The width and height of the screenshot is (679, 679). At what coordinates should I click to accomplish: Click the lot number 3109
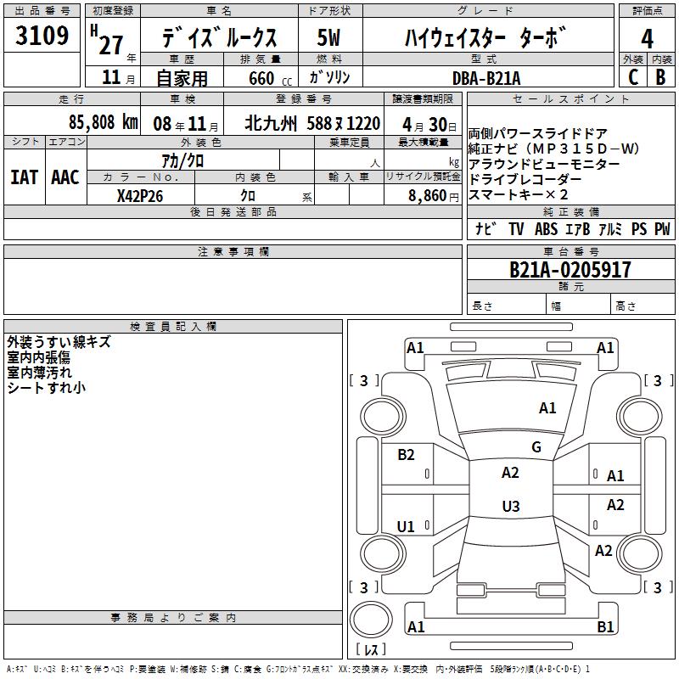42,35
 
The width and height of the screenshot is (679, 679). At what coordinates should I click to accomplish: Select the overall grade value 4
647,39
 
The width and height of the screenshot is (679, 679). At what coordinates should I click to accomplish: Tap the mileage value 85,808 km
103,122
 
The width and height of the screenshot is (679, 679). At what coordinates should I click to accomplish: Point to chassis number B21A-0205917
570,270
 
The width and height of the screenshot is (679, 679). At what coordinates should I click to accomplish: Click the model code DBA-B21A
486,78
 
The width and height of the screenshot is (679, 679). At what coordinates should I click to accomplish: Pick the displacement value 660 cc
270,79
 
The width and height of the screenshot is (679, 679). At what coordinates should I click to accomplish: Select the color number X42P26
140,196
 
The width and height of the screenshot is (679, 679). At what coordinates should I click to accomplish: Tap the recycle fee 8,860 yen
434,196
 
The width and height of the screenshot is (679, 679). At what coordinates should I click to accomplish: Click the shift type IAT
25,177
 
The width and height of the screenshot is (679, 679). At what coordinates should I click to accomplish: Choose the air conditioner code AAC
65,177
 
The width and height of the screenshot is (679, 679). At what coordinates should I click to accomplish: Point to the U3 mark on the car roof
511,506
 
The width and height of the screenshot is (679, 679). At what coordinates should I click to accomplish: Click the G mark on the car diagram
536,447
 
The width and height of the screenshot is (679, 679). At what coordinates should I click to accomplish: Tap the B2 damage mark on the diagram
406,455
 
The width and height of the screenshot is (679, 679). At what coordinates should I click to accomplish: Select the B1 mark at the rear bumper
605,626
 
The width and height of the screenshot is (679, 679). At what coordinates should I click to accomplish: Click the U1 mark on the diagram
406,526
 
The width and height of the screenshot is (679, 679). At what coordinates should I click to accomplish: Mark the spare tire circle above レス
371,620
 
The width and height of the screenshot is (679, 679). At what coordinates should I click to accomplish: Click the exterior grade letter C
633,77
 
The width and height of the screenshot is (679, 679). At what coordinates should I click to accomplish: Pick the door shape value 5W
328,37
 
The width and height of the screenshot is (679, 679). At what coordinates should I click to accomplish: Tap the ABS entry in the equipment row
546,229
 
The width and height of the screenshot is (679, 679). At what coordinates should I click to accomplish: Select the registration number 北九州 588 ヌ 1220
312,124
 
